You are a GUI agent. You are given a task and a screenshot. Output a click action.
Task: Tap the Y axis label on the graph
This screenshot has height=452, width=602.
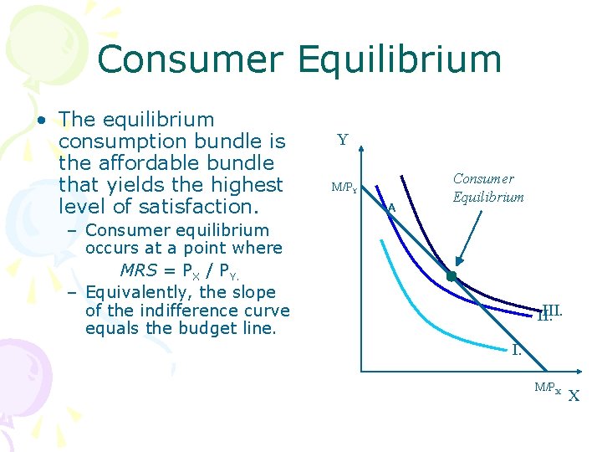point(343,141)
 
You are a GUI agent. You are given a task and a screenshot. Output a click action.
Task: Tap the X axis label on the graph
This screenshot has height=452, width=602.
point(574,396)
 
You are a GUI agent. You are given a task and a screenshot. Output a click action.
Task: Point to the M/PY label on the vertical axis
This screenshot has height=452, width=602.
point(344,188)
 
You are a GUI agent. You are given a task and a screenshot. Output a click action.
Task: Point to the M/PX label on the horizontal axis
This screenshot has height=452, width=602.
point(548,387)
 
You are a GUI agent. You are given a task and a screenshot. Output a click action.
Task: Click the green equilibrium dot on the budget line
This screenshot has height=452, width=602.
point(451,276)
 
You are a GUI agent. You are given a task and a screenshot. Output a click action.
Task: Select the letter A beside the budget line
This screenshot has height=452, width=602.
point(390,208)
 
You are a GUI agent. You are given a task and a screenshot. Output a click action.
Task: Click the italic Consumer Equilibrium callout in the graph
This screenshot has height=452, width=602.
point(488,188)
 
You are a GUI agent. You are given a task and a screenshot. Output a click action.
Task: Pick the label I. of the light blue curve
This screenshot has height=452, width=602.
point(517,349)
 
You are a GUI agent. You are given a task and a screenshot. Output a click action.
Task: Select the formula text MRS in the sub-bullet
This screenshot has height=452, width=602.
point(139,270)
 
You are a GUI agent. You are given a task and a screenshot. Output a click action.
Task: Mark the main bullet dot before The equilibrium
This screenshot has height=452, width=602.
point(40,120)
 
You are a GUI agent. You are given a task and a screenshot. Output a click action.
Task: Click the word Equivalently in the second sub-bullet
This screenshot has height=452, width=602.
point(135,292)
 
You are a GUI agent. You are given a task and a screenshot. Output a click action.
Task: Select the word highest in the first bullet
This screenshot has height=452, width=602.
point(248,184)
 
